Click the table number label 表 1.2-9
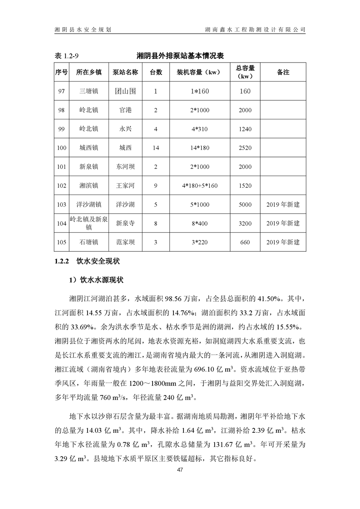coord(67,55)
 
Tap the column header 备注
coord(283,72)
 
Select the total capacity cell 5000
coord(245,205)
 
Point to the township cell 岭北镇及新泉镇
coord(89,223)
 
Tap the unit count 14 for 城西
coord(156,148)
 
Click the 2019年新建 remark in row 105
coord(283,242)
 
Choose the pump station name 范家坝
coord(125,242)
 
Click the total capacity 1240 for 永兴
coord(245,129)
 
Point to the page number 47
coord(180,469)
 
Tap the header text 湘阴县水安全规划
coord(83,29)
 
